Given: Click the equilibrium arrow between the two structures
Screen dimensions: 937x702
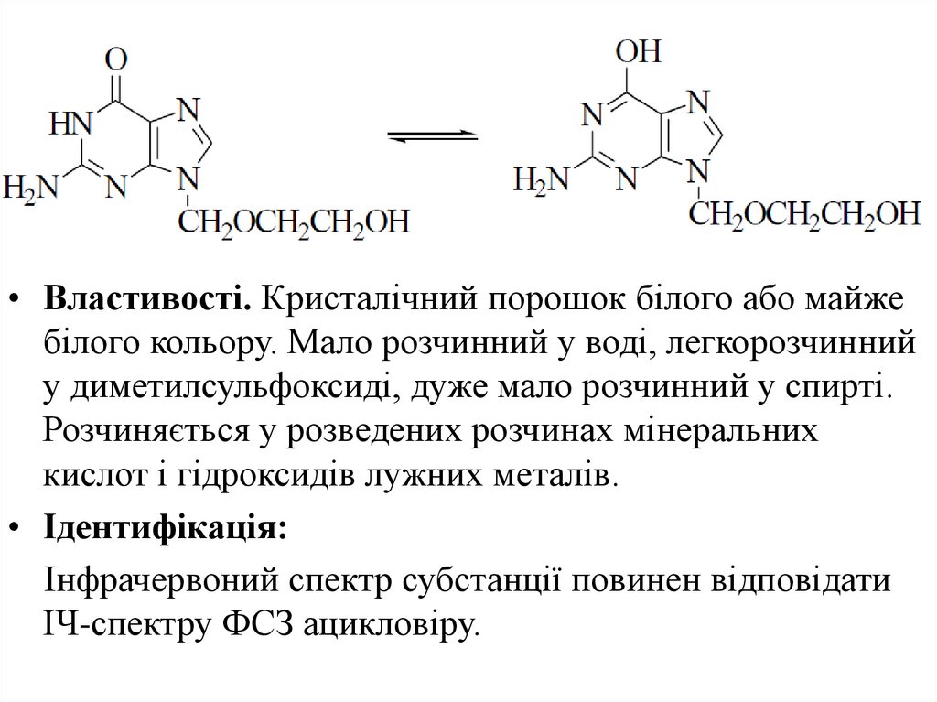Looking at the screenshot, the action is [433, 136].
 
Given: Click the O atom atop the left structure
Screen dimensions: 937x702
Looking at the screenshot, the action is [115, 61].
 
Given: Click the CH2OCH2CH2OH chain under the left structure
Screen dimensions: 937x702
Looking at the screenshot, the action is [294, 221].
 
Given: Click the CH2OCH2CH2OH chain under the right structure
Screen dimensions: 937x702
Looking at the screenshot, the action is [804, 214].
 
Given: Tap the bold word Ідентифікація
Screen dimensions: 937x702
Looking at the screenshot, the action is [165, 528].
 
